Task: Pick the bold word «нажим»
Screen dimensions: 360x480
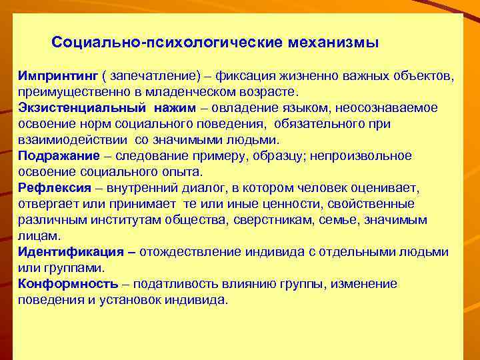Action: click(174, 108)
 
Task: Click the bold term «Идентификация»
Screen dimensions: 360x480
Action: click(71, 252)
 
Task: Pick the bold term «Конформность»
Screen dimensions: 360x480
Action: click(69, 284)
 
